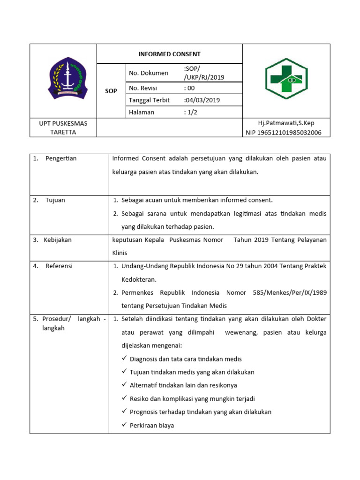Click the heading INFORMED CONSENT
(x=169, y=54)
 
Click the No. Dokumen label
(x=148, y=73)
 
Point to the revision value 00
(x=190, y=88)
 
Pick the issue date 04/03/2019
(x=202, y=100)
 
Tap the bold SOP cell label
(x=111, y=91)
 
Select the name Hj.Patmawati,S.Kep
(x=286, y=123)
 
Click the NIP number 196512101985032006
(x=284, y=133)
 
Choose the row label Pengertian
(x=61, y=158)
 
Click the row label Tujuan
(x=55, y=200)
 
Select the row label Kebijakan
(x=58, y=240)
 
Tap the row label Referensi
(x=59, y=266)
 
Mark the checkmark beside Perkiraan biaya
(x=124, y=425)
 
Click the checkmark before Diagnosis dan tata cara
(x=124, y=359)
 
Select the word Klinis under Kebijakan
(x=120, y=253)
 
